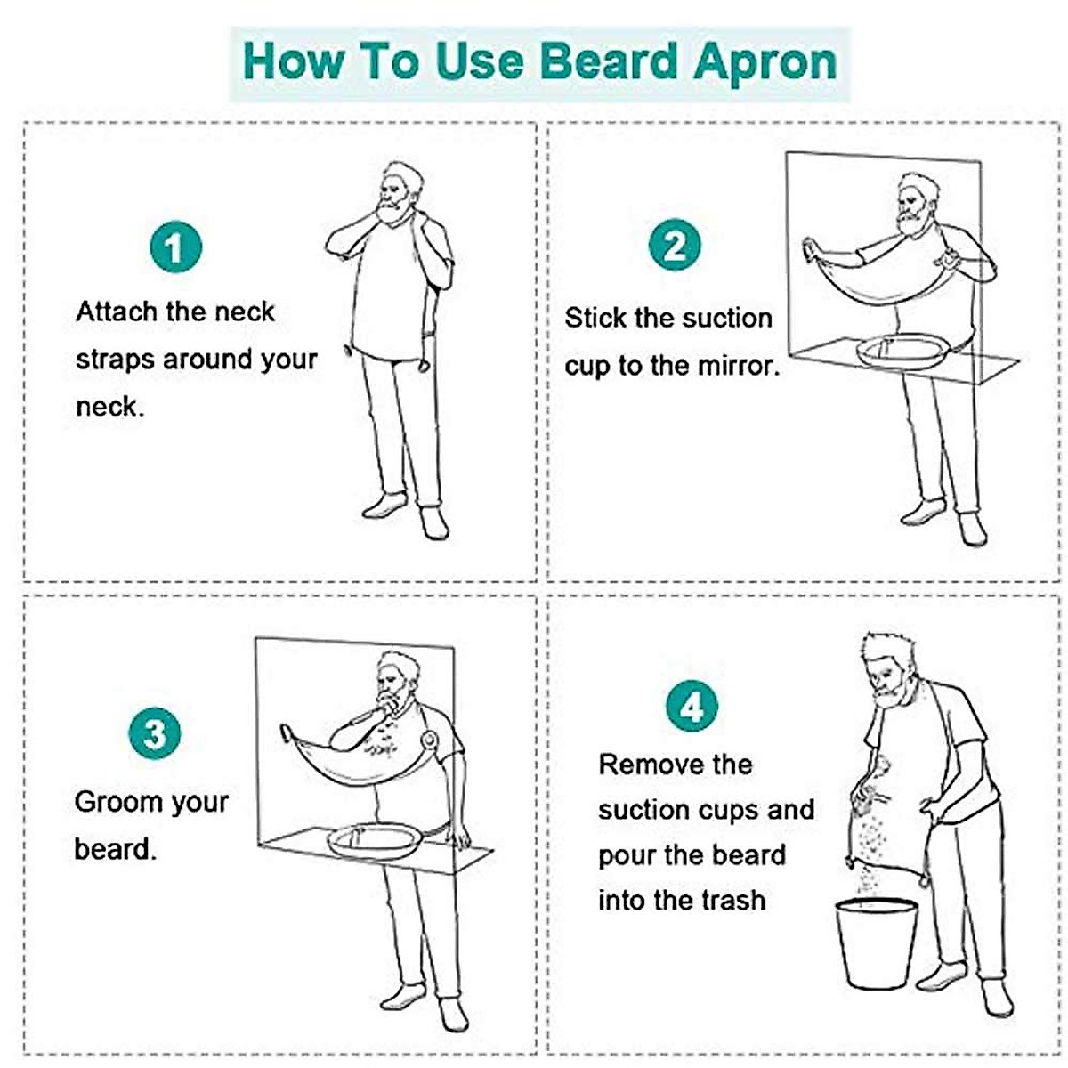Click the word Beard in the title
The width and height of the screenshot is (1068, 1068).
click(x=608, y=62)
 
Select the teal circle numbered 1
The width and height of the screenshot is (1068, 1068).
click(x=174, y=247)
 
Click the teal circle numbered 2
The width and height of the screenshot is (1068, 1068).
click(x=674, y=246)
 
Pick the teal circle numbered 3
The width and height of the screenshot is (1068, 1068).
click(x=155, y=734)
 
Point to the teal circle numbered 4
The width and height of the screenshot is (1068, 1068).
click(x=692, y=707)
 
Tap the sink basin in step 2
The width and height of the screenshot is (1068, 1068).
click(x=899, y=349)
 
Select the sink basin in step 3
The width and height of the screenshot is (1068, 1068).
click(x=375, y=839)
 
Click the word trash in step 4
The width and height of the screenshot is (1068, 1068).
click(x=730, y=901)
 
